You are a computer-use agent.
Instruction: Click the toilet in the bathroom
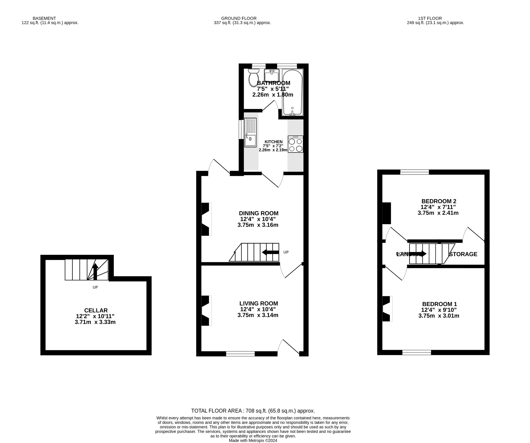pos(254,78)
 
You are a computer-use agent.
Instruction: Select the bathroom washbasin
pos(271,75)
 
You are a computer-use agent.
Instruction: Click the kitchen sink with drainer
pos(250,133)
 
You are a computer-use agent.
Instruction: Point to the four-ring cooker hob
pos(295,144)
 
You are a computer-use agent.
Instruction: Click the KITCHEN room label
pos(273,142)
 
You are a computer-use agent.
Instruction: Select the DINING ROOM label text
pos(259,213)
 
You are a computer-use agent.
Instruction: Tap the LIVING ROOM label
pos(259,303)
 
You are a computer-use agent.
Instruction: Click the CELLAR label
pos(96,310)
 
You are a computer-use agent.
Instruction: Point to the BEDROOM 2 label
pos(439,201)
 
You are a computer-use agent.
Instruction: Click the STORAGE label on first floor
pos(463,254)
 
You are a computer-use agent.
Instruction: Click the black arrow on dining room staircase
pos(270,252)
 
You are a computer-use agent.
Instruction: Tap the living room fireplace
pos(206,310)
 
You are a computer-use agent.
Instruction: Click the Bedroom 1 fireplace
pos(387,309)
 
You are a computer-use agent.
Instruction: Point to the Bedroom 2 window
pos(414,172)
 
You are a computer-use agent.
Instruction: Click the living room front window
pos(240,354)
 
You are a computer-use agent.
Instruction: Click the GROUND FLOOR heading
pos(239,18)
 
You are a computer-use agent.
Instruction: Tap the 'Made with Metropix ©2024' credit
pos(253,440)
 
